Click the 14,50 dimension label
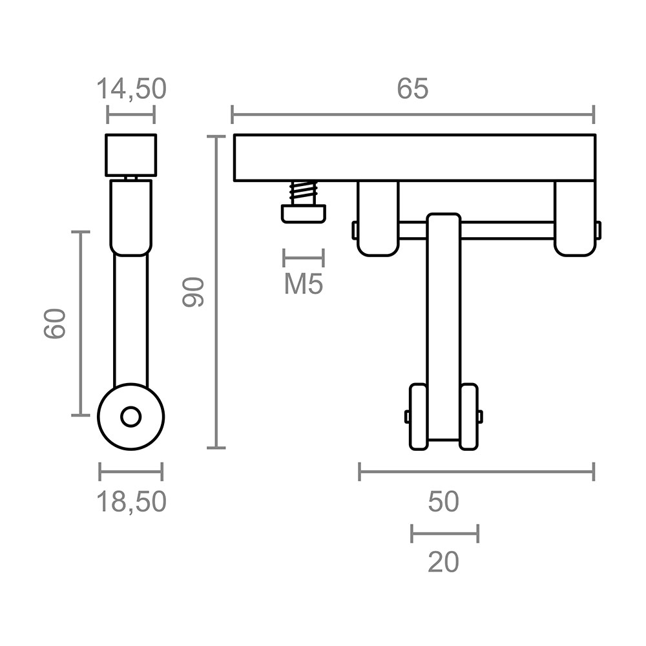click(x=131, y=89)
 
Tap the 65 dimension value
click(x=412, y=89)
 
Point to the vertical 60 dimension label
click(x=55, y=323)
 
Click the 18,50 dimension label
click(x=131, y=501)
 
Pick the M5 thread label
click(x=303, y=284)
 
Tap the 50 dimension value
click(x=443, y=501)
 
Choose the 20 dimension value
click(x=443, y=562)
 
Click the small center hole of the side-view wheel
click(x=131, y=417)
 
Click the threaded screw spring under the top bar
click(x=303, y=193)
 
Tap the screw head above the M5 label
click(x=303, y=213)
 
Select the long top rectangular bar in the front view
click(x=413, y=158)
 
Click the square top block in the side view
click(x=131, y=154)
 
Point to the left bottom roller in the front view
click(x=417, y=417)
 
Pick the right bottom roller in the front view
click(x=468, y=417)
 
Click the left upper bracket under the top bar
click(x=377, y=218)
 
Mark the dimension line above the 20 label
click(x=444, y=534)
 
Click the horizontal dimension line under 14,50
click(x=131, y=117)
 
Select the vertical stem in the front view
click(x=443, y=310)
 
